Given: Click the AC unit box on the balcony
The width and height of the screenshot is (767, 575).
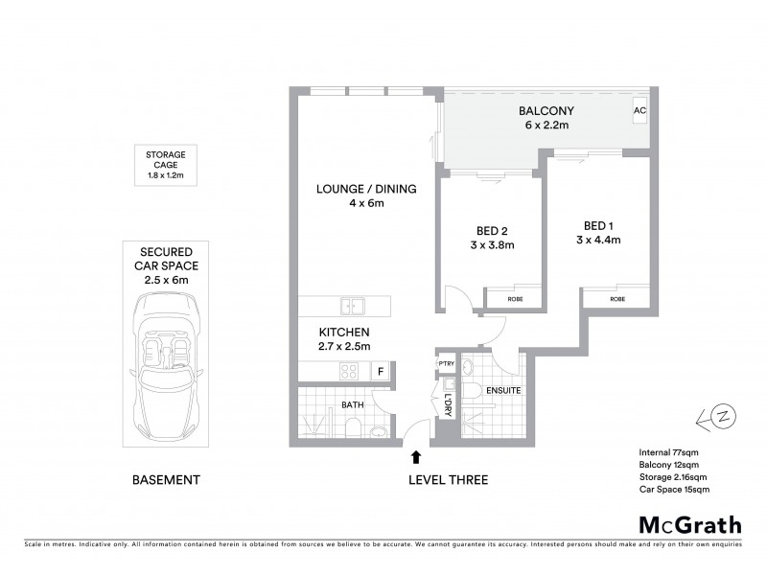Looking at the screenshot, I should click(x=640, y=111).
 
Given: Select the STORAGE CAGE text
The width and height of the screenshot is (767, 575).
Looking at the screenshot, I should click(x=165, y=159).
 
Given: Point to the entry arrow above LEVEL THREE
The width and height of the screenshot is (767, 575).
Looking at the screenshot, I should click(x=416, y=458).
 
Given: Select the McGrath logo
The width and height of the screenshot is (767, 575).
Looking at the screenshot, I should click(x=690, y=524).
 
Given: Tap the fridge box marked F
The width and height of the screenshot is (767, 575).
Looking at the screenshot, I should click(x=380, y=371).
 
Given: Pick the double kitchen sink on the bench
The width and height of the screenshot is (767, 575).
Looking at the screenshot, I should click(x=351, y=307).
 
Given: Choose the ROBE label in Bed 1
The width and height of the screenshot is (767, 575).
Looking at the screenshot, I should click(x=618, y=299).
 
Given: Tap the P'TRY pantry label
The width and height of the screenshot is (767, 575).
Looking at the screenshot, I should click(x=446, y=364).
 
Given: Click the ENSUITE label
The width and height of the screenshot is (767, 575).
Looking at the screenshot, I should click(x=502, y=391).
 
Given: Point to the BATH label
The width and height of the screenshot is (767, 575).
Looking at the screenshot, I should click(x=352, y=405).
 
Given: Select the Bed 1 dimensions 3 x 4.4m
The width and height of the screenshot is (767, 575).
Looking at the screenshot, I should click(x=598, y=241).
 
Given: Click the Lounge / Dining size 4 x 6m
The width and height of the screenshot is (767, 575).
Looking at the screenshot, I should click(x=366, y=203).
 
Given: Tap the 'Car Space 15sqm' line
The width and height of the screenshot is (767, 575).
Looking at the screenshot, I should click(x=674, y=490).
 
